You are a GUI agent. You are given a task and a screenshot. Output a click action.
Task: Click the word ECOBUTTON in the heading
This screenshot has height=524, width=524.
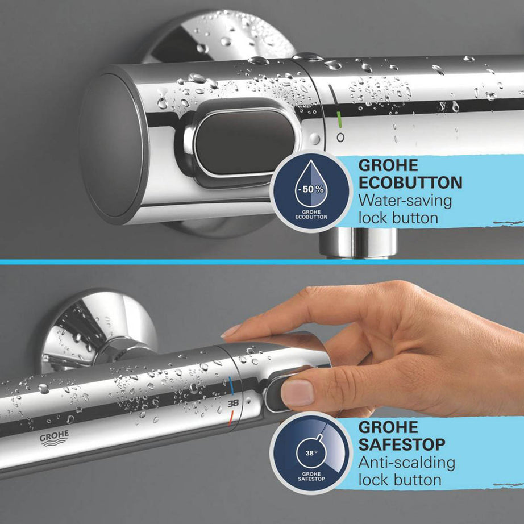[410, 182]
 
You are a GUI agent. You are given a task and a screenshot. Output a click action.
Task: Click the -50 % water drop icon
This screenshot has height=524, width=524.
[311, 187]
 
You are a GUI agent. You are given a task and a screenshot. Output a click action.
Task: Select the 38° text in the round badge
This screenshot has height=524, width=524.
[310, 454]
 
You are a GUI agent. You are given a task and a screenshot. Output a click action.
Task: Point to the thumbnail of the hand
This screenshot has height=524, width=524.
[298, 392]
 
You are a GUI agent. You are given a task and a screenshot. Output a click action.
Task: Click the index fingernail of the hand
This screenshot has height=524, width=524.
[232, 331]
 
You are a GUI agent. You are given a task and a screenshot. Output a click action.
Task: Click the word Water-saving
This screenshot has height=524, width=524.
[405, 200]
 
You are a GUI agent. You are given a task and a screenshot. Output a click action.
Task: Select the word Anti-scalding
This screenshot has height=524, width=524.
[407, 462]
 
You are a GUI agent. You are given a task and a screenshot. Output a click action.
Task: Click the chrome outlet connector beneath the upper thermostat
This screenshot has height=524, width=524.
[357, 243]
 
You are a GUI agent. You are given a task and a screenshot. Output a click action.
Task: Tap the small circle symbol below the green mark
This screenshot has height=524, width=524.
[340, 137]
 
